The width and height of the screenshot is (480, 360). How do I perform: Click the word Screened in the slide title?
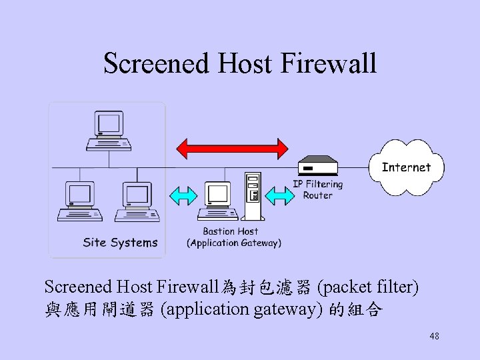[x=157, y=64]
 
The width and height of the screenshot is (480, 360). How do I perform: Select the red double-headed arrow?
[x=231, y=147]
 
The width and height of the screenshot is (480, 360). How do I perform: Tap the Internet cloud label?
[x=406, y=167]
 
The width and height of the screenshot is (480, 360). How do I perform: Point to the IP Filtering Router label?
[x=318, y=189]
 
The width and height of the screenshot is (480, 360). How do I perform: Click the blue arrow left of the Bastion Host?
[x=183, y=195]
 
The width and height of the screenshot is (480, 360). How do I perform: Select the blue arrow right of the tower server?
[x=279, y=195]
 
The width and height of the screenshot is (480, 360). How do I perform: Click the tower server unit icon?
[x=252, y=196]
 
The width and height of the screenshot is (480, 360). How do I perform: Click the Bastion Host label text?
[x=231, y=232]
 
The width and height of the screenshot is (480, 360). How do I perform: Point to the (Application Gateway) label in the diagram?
[x=234, y=243]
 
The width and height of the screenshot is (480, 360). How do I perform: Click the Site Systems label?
[x=120, y=243]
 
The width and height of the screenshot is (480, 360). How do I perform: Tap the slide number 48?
[x=434, y=337]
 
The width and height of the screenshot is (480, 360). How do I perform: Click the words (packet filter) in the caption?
[x=368, y=287]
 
